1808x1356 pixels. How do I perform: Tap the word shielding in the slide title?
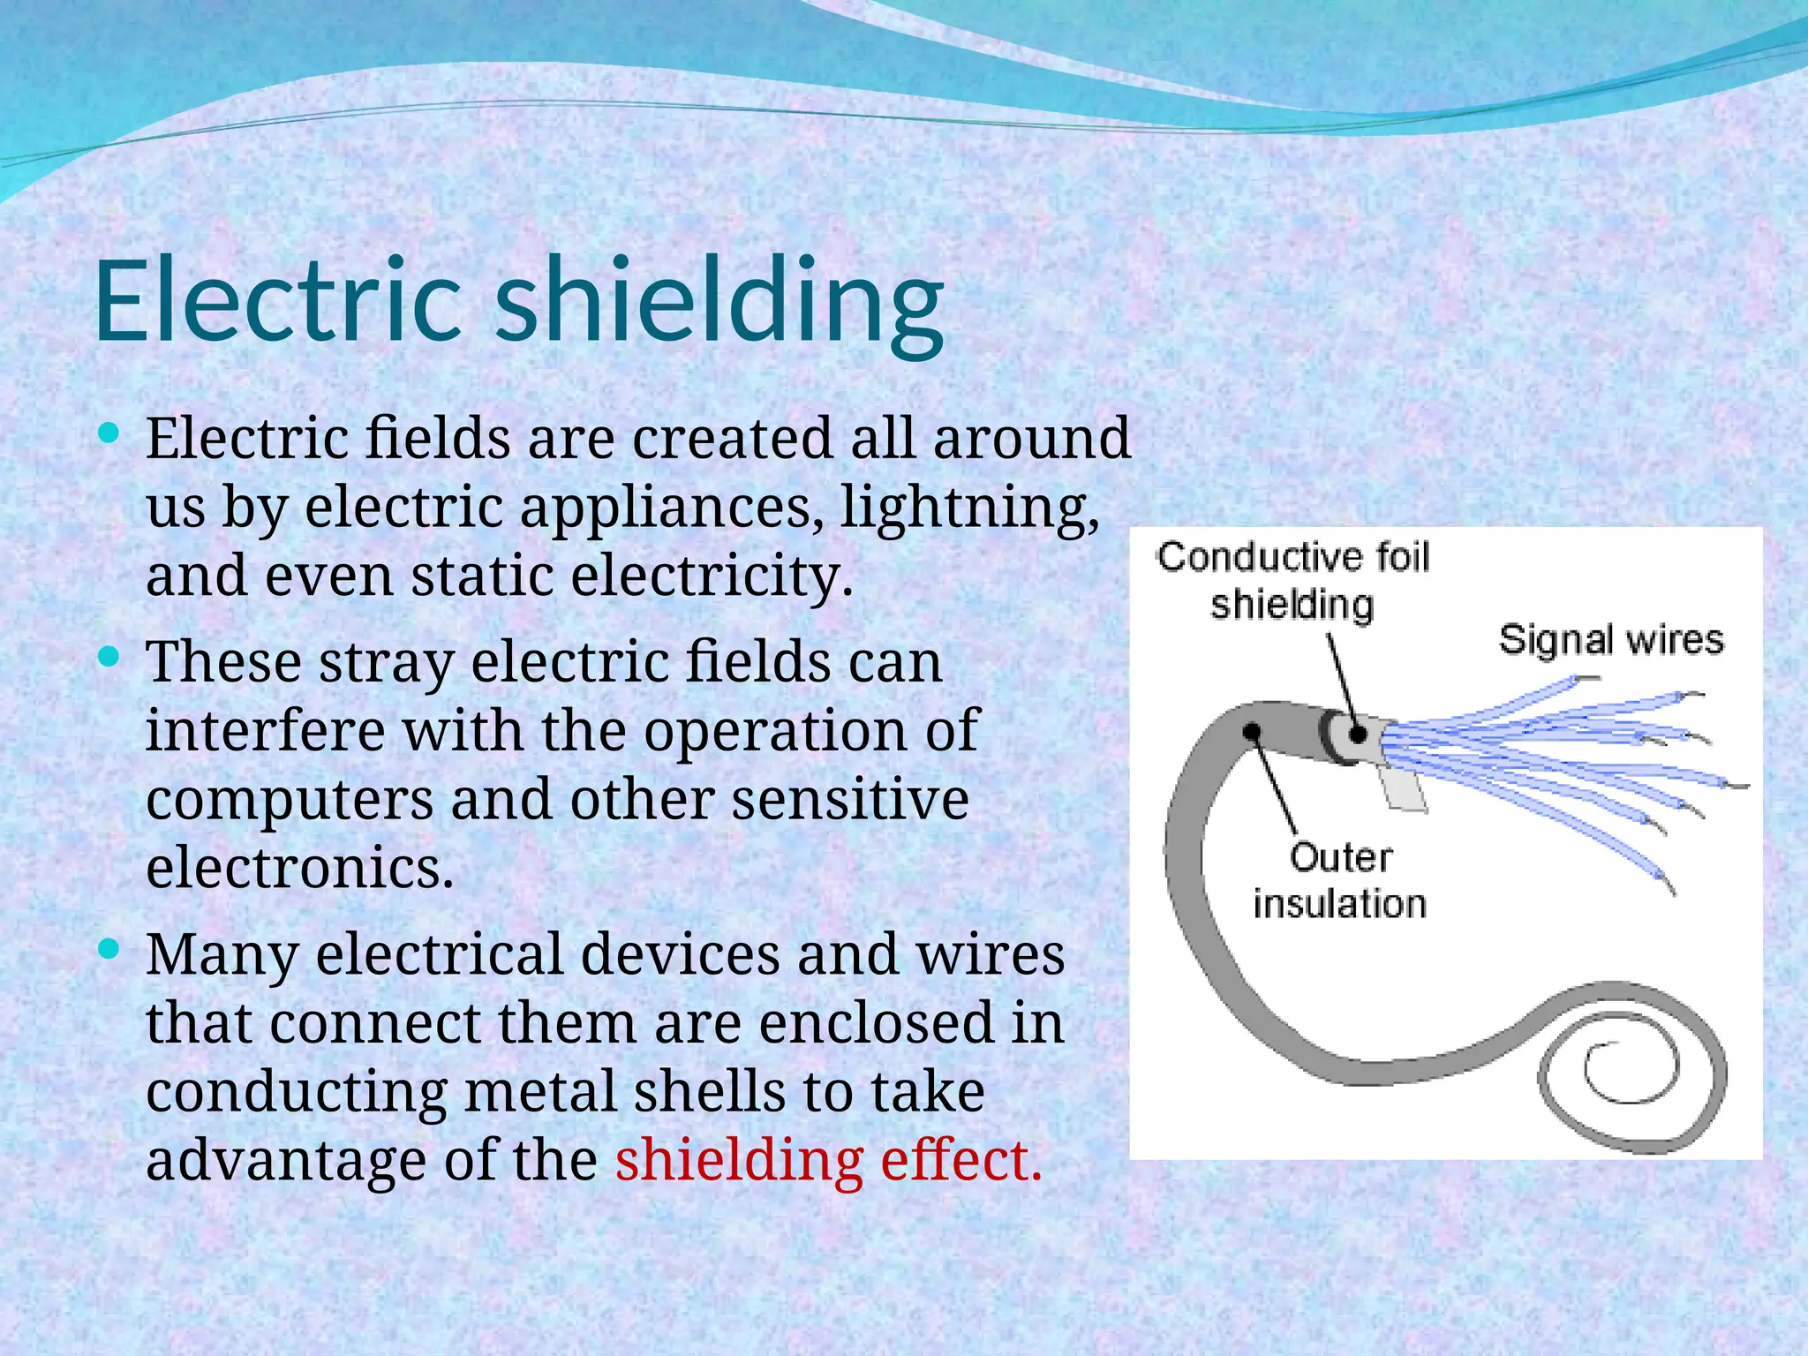coord(719,305)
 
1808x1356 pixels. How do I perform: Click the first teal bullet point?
coord(109,433)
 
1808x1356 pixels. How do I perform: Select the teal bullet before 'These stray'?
coord(109,657)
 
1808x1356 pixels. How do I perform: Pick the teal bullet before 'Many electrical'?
coord(109,950)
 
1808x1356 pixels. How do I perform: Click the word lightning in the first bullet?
coord(968,508)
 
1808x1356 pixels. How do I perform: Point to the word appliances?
coord(672,508)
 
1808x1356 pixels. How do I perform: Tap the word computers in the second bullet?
coord(290,800)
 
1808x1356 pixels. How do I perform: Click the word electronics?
coord(299,869)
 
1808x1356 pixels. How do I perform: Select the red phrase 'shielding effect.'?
coord(828,1160)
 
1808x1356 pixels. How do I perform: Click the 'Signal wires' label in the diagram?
coord(1610,640)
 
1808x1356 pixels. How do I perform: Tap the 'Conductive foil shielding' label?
coord(1292,581)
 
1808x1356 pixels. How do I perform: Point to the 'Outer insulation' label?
coord(1339,881)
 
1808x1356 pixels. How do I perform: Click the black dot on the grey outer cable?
coord(1252,732)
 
